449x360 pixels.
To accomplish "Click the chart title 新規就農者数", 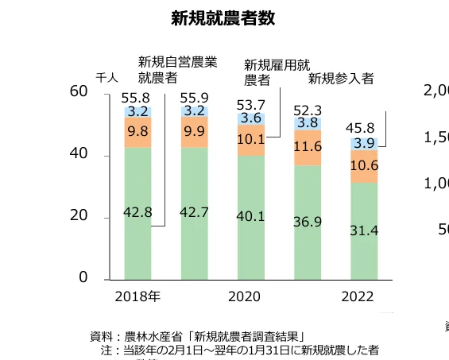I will (x=223, y=19).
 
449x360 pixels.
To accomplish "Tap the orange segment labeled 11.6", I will (x=307, y=147).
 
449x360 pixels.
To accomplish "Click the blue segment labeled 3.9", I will (x=364, y=143).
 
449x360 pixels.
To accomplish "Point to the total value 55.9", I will (x=194, y=98).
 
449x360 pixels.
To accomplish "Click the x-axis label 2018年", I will (x=137, y=297).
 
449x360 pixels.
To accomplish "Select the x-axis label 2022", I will (x=364, y=297).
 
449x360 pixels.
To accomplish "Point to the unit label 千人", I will (x=106, y=78).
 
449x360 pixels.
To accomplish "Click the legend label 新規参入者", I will (x=341, y=78).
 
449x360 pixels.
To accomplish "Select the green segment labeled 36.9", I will (x=307, y=222).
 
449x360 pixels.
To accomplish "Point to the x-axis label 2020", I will (x=251, y=297).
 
